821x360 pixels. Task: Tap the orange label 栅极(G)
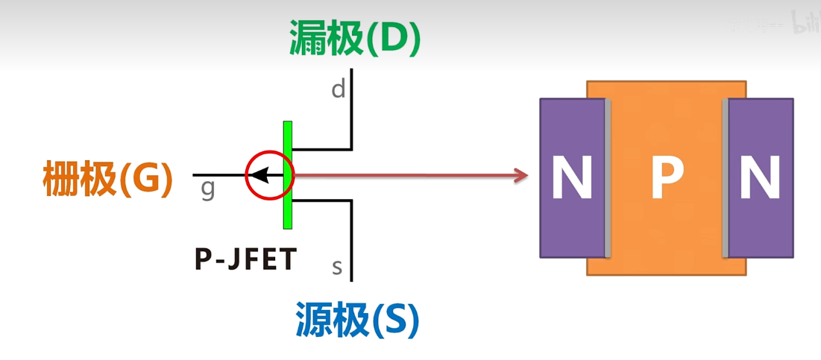click(108, 179)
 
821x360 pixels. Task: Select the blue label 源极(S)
click(357, 320)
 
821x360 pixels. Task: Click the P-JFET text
click(246, 259)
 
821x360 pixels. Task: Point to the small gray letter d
click(339, 89)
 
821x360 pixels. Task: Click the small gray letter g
click(208, 189)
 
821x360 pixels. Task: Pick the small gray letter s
click(337, 266)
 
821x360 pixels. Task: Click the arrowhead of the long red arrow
click(521, 176)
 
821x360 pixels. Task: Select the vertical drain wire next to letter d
click(351, 104)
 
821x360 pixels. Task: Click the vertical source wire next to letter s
click(351, 246)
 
